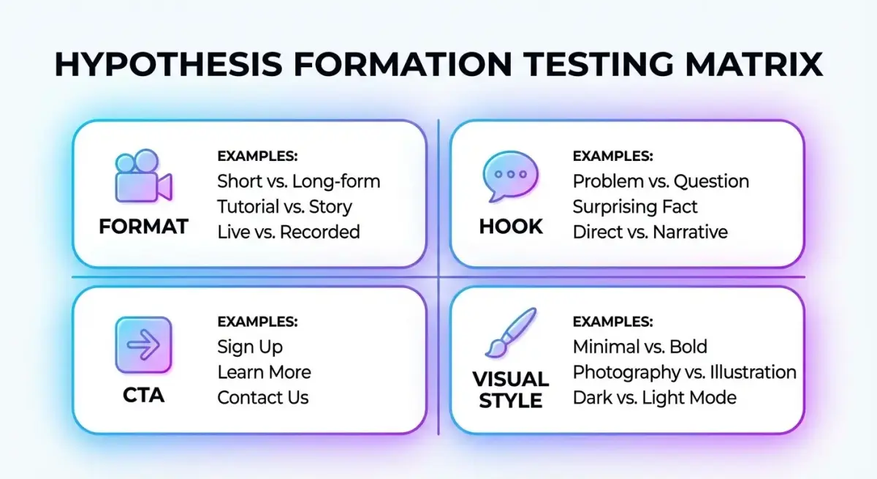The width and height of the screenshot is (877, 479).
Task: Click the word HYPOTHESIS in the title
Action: click(x=168, y=64)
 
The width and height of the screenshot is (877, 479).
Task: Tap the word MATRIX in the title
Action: click(x=753, y=64)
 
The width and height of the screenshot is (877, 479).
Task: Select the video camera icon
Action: click(x=144, y=176)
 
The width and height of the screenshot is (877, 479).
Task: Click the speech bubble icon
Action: click(x=510, y=176)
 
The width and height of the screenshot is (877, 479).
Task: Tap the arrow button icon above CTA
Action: click(x=144, y=345)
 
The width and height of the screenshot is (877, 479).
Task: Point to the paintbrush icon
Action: click(x=511, y=333)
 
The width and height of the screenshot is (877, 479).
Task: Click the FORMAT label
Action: click(x=144, y=227)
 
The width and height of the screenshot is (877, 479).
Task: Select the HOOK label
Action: click(x=511, y=227)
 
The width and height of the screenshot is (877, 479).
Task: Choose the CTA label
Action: click(x=144, y=395)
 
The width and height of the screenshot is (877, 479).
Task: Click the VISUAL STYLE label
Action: click(x=511, y=390)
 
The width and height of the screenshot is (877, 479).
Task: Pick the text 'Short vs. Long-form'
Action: click(x=299, y=181)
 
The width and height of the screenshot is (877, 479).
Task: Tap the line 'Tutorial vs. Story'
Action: click(x=284, y=207)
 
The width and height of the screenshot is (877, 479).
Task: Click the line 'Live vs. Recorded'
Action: click(x=289, y=232)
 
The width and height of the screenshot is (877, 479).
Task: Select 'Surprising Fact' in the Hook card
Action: click(x=635, y=207)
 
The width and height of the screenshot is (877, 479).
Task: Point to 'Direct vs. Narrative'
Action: click(x=650, y=232)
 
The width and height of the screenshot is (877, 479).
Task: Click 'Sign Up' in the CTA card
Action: click(x=250, y=347)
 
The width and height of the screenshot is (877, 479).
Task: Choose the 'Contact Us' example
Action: click(x=262, y=398)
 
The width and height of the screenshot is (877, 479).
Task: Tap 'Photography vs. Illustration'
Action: click(x=684, y=372)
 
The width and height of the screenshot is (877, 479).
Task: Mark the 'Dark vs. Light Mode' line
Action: click(x=655, y=398)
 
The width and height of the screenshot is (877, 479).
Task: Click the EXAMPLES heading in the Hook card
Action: click(x=612, y=156)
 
